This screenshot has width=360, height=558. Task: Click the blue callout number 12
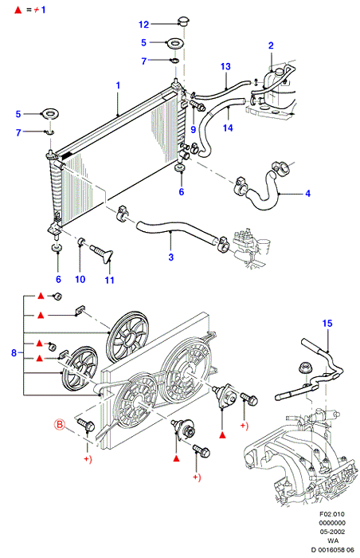(x=143, y=25)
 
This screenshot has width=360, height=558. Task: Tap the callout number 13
(x=225, y=66)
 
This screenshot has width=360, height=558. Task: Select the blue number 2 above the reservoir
(x=271, y=45)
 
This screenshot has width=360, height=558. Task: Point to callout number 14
(x=228, y=128)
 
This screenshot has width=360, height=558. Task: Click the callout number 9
(x=194, y=129)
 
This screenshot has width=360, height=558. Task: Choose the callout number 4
(x=308, y=194)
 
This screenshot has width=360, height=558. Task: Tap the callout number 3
(x=171, y=257)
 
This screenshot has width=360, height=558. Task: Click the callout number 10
(x=80, y=279)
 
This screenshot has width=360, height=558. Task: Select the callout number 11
(x=110, y=280)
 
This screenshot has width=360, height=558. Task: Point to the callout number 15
(x=327, y=324)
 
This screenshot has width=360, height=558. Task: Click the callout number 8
(x=14, y=353)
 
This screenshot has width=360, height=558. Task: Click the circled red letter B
(x=60, y=424)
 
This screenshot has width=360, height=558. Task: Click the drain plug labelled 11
(x=102, y=253)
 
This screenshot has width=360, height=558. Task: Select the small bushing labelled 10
(x=81, y=242)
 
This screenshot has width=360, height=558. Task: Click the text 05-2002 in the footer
(x=332, y=532)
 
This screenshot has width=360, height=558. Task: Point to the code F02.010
(x=332, y=514)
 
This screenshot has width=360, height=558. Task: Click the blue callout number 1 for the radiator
(x=118, y=85)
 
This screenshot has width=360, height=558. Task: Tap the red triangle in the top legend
(x=18, y=10)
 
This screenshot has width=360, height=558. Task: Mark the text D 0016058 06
(x=332, y=550)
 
